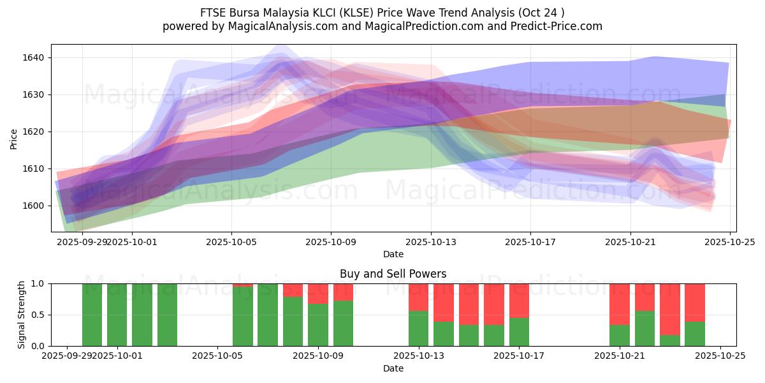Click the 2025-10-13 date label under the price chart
pyautogui.click(x=430, y=243)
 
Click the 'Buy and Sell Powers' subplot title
pyautogui.click(x=393, y=274)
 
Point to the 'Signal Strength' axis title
pyautogui.click(x=22, y=314)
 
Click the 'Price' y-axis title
pyautogui.click(x=14, y=138)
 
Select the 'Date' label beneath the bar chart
pyautogui.click(x=393, y=368)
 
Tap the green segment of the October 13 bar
pyautogui.click(x=418, y=328)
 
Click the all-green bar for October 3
pyautogui.click(x=167, y=315)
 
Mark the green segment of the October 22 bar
pyautogui.click(x=645, y=328)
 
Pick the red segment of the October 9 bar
pyautogui.click(x=318, y=293)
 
